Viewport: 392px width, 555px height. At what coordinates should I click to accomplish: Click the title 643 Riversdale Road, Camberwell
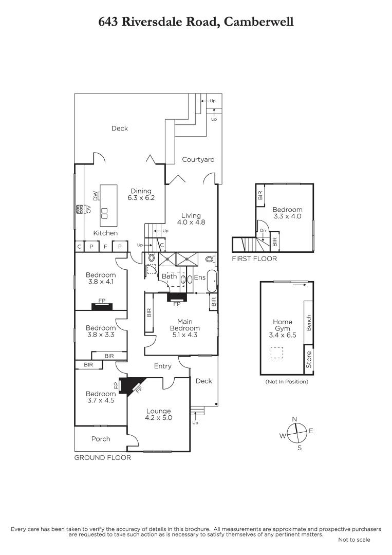pos(196,22)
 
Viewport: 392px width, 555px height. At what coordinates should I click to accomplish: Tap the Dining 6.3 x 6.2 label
pos(141,194)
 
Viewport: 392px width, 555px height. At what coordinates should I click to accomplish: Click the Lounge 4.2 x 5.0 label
pos(158,414)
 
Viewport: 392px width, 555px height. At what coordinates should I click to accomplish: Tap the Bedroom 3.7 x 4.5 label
pos(101,397)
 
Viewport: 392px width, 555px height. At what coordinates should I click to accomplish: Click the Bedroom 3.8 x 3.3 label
pos(101,331)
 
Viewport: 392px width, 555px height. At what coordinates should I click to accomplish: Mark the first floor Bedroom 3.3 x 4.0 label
pos(287,213)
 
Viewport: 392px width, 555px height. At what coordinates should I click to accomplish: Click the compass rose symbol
pos(295,433)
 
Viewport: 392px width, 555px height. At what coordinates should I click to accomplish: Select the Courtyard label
pos(198,160)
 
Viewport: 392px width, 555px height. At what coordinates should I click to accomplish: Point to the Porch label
pos(101,439)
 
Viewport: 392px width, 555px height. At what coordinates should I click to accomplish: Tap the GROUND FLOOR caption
pos(103,457)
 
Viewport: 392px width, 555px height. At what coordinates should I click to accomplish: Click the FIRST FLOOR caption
pos(254,258)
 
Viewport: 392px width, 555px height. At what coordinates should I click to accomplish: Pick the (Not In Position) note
pos(287,382)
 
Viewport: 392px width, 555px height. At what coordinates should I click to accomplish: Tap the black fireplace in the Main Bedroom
pos(177,297)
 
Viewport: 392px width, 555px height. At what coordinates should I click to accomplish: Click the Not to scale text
pos(354,540)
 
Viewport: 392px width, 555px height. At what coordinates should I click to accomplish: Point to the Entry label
pos(163,366)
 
